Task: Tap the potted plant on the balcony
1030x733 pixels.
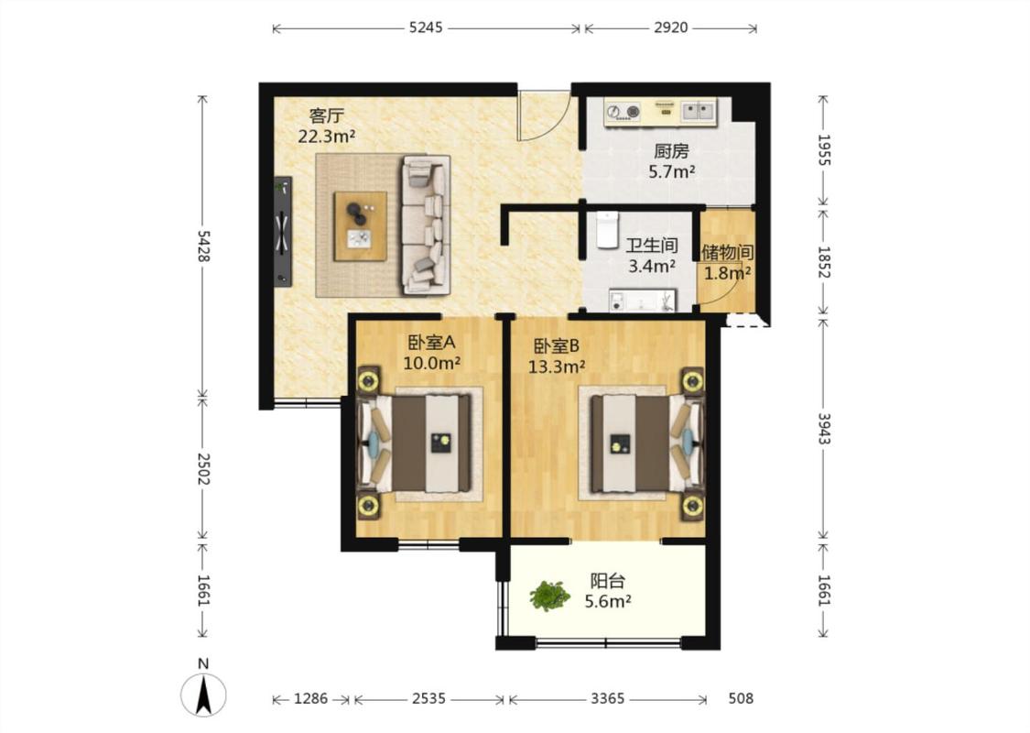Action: tap(550, 596)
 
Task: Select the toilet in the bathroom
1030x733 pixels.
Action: tap(608, 229)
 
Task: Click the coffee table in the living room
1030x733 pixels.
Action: tap(360, 226)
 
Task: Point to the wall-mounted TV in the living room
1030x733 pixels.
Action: tap(283, 232)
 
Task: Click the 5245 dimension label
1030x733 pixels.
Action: tap(426, 27)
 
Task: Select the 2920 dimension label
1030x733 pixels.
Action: tap(671, 27)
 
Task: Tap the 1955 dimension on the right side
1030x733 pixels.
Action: tap(824, 150)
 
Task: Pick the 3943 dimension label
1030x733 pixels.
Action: tap(824, 429)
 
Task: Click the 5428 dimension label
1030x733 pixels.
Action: tap(203, 246)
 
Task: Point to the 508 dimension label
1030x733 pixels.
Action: tap(741, 698)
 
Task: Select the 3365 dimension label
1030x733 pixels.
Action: tap(608, 698)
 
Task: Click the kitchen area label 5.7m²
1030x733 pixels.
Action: tap(672, 172)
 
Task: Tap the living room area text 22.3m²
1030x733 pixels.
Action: tap(327, 137)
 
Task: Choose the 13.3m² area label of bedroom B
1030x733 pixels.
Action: tap(557, 366)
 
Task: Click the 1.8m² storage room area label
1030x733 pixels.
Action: tap(728, 273)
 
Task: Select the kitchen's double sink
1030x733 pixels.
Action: tap(697, 111)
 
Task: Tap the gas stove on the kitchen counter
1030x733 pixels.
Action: tap(623, 112)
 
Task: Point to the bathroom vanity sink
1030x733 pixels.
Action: tap(643, 301)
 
